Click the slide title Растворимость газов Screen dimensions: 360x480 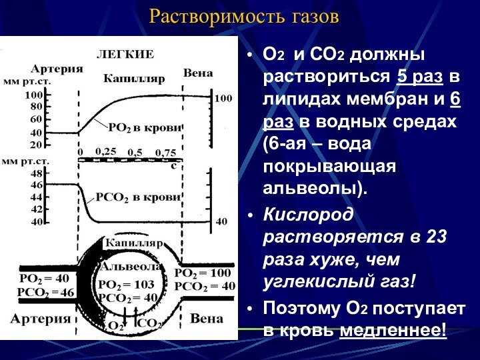click(243, 16)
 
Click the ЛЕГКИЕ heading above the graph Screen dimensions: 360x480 click(126, 54)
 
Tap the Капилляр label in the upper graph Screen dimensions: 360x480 click(133, 78)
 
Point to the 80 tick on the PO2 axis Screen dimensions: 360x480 click(35, 107)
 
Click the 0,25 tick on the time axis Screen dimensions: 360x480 click(106, 152)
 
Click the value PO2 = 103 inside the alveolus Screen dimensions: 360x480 click(126, 285)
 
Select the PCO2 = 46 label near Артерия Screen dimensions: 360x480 click(46, 292)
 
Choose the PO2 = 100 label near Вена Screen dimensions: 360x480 click(203, 273)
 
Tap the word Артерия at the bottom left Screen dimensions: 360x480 click(40, 319)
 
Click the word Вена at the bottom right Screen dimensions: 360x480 click(207, 319)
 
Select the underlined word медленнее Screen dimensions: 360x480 click(393, 330)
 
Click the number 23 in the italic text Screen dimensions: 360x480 click(435, 238)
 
